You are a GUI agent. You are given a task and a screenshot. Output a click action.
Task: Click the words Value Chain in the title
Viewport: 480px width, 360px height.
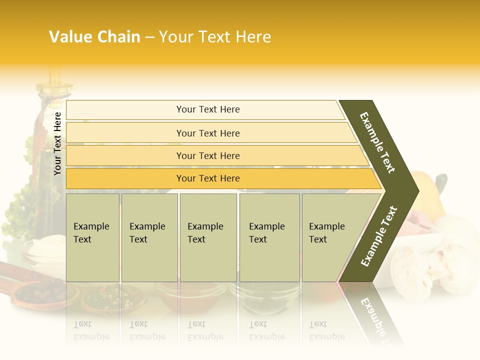point(94,37)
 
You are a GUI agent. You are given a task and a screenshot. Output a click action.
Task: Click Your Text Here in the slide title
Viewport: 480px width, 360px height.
point(215,37)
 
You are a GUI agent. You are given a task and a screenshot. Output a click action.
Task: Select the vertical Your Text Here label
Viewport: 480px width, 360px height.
point(57,143)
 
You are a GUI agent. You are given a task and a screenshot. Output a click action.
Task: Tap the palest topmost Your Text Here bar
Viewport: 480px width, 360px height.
point(207,109)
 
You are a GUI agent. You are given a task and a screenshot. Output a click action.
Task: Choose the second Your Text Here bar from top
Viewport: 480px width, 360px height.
point(207,133)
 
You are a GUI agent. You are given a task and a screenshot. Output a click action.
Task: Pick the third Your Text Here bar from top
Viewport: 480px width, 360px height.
point(207,155)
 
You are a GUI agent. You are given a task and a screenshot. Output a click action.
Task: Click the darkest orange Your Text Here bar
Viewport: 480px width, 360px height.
point(207,178)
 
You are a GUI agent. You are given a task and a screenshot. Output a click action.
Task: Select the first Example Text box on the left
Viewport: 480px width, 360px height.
point(92,237)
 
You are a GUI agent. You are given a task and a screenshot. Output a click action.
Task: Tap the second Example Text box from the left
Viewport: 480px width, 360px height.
point(149,237)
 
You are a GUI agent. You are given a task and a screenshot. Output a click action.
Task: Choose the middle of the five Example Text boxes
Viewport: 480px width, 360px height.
point(208,237)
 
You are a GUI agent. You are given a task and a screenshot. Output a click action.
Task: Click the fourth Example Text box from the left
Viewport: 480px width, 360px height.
point(269,237)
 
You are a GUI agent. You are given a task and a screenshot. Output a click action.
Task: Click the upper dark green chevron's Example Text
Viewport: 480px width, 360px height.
point(378,142)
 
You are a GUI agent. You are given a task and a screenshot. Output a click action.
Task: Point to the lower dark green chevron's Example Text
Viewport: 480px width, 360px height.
point(379,236)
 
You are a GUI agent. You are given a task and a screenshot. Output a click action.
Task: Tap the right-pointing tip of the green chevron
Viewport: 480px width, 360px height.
point(416,190)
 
